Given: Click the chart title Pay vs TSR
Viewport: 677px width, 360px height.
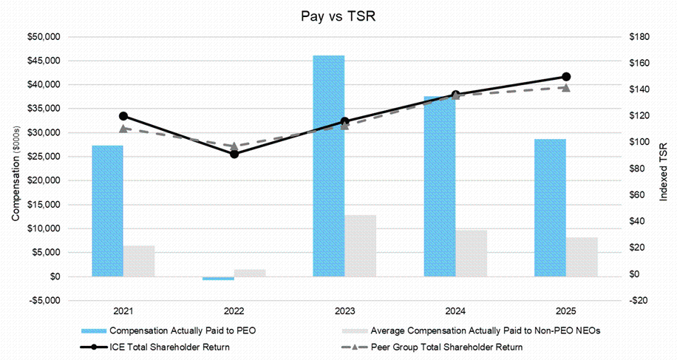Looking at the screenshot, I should click(x=338, y=16).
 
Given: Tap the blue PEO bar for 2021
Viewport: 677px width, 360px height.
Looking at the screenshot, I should click(x=107, y=211).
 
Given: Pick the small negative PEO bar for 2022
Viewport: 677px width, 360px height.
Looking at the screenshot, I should click(x=218, y=278).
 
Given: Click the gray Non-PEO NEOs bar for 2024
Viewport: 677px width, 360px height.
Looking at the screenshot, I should click(x=471, y=253).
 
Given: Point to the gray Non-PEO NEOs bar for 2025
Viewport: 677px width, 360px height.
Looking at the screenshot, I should click(x=582, y=257).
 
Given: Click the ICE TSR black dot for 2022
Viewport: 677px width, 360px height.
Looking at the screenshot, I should click(x=234, y=154).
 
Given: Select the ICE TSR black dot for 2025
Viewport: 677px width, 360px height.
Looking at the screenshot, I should click(x=566, y=77).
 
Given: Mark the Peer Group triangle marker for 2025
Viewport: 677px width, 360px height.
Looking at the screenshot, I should click(x=566, y=87).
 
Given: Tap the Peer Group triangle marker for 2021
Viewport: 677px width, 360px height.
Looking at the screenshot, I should click(x=123, y=129).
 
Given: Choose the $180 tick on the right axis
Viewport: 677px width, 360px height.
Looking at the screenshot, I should click(x=638, y=37).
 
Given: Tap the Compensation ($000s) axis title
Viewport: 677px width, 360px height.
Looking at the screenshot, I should click(x=16, y=169).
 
